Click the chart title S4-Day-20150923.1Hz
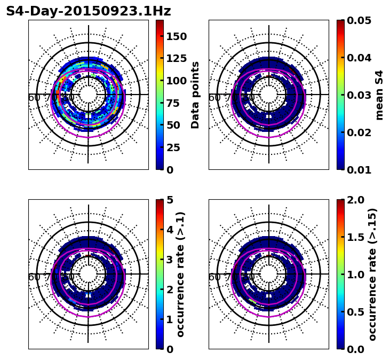point(89,11)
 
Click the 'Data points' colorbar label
point(195,95)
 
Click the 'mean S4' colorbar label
point(379,95)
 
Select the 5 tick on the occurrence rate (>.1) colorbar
point(169,200)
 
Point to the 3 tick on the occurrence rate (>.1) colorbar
point(169,260)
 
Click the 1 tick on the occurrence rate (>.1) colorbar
point(169,319)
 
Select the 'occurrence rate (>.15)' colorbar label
point(372,275)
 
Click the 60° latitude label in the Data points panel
point(34,98)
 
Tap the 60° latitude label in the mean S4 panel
point(214,98)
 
